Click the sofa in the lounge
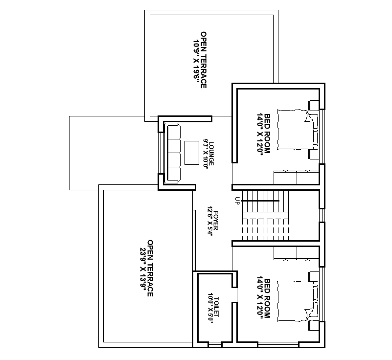[173, 153]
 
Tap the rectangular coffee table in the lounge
[190, 153]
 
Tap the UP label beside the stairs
[237, 200]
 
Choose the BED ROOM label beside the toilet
[267, 299]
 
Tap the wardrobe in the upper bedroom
[296, 177]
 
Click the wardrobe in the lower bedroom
[296, 253]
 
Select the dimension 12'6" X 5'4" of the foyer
[209, 222]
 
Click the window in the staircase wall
[322, 215]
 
